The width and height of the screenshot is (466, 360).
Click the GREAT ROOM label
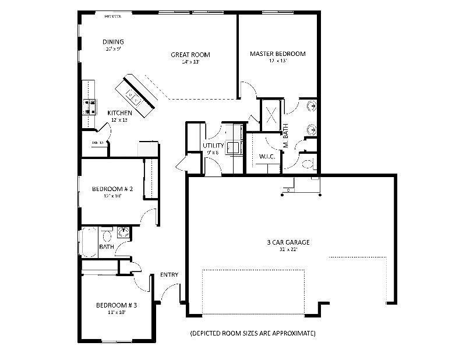190,55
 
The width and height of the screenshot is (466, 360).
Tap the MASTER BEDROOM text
277,54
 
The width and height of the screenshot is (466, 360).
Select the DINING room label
113,42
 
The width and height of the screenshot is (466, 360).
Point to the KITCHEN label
119,113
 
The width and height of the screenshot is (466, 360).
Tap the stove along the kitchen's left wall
90,106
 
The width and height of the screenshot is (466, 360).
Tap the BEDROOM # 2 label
113,189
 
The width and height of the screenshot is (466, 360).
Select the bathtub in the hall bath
89,241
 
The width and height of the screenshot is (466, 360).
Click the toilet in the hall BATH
106,236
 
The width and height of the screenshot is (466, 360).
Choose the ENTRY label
169,275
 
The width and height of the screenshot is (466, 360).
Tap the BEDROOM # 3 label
116,305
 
